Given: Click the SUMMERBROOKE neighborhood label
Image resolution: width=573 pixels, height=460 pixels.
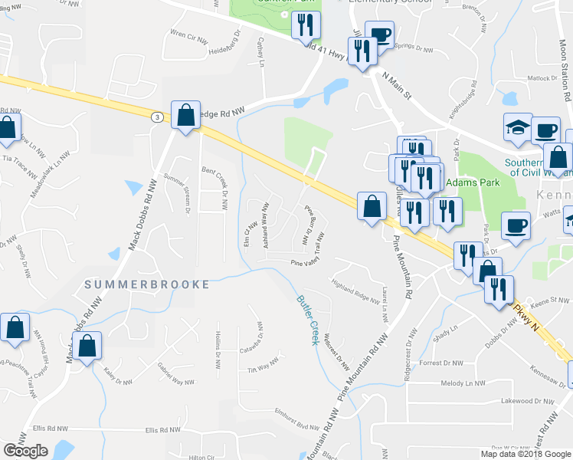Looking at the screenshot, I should tap(147, 284).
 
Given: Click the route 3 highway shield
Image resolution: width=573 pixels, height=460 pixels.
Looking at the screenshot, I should tap(156, 117).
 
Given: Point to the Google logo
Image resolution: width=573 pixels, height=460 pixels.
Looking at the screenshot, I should tap(25, 451).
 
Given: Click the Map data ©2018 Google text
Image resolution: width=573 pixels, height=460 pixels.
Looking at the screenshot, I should tap(525, 454).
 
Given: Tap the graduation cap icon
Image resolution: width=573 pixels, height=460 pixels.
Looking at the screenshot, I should tap(518, 127).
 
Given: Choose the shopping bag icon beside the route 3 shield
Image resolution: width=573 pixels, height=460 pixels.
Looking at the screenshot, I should tap(185, 116).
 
